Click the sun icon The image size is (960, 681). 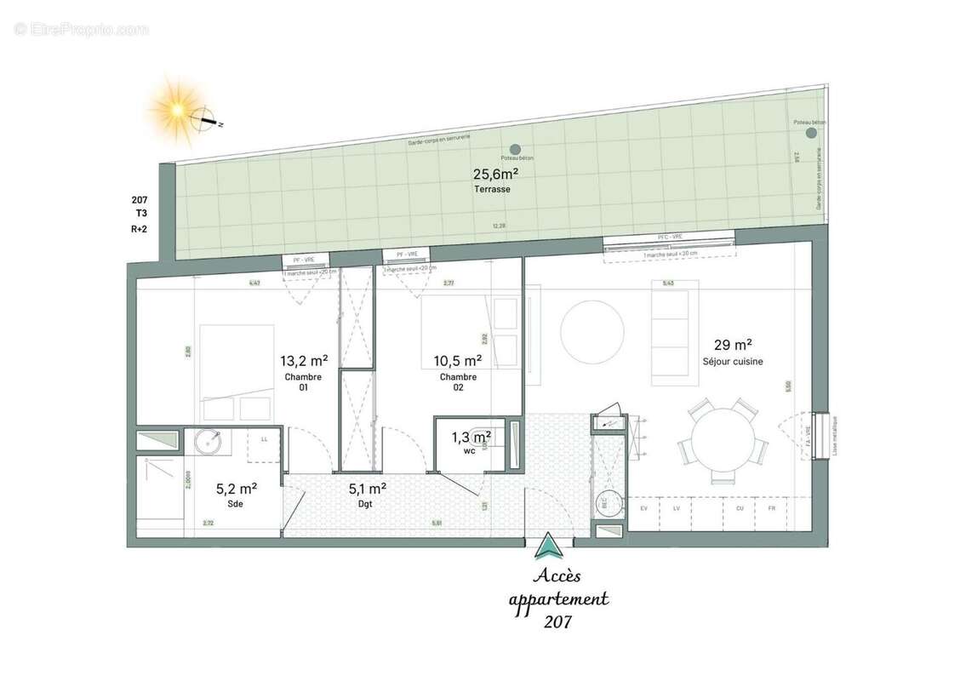point(177,109)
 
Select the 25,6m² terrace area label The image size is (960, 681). point(495,175)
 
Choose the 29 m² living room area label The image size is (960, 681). point(732,345)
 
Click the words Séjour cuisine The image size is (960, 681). point(732,362)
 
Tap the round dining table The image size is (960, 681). point(723,440)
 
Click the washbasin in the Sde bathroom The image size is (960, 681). point(209,444)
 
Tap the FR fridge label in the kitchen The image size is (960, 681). point(771,508)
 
